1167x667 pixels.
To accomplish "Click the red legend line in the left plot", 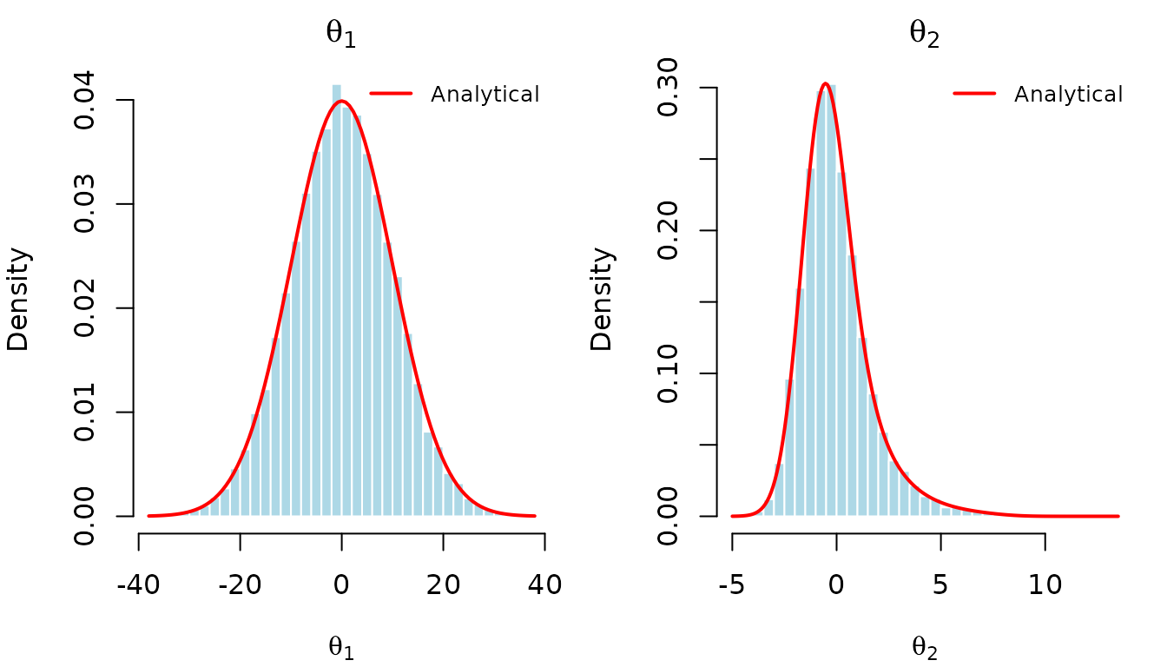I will coord(391,93).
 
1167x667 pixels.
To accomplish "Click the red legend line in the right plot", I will coord(974,93).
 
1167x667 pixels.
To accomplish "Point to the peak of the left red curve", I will coord(343,102).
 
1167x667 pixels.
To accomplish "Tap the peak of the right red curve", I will coord(825,84).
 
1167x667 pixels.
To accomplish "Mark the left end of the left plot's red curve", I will coord(149,516).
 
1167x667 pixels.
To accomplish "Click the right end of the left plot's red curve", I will coord(534,516).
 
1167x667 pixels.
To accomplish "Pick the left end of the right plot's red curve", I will coord(733,516).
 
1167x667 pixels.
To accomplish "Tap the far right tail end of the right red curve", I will coord(1118,516).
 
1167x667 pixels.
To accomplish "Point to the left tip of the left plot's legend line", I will coord(371,93).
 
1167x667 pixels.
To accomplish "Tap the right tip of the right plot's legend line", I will coord(994,93).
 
